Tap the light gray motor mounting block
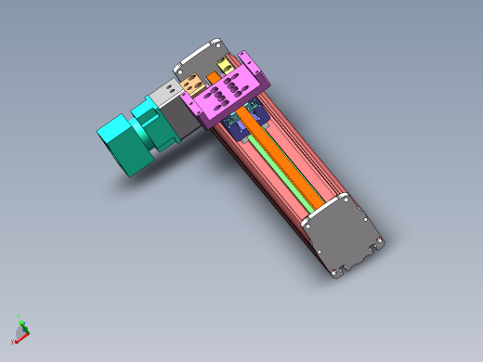pos(168,96)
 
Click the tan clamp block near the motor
pos(196,84)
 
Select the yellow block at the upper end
pos(224,66)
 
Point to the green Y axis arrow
pos(21,326)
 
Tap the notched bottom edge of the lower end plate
pos(348,269)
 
